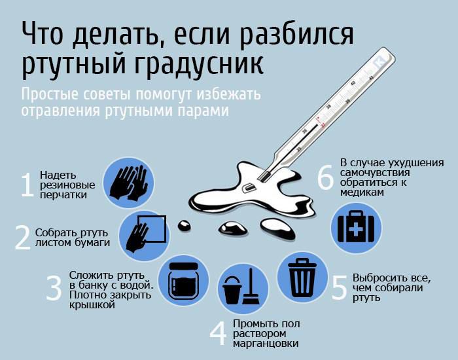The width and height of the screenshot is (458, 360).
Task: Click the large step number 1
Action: [x=27, y=185]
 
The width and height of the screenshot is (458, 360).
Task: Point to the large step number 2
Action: [x=23, y=238]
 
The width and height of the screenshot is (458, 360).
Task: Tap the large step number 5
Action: [x=338, y=287]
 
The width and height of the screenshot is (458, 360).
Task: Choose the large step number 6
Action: [x=325, y=177]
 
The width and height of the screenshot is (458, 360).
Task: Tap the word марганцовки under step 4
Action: [x=266, y=344]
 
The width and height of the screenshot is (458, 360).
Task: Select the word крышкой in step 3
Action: [x=91, y=305]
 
